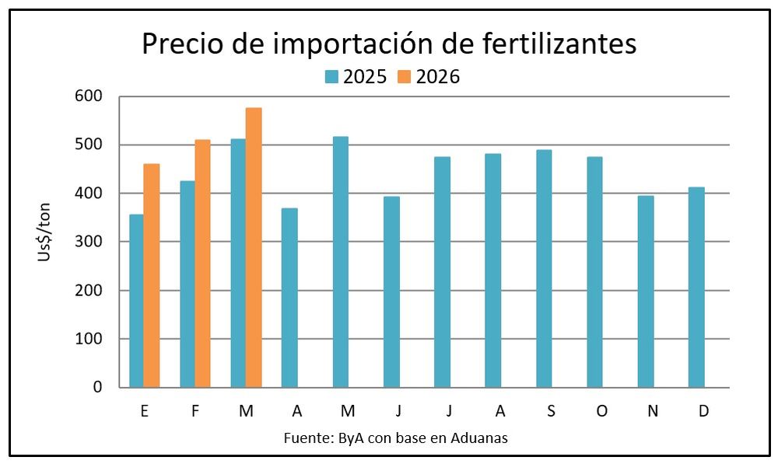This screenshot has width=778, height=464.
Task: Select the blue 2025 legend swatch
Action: pyautogui.click(x=331, y=77)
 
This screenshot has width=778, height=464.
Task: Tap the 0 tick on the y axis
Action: pyautogui.click(x=97, y=387)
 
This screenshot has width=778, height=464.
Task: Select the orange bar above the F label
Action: pyautogui.click(x=202, y=263)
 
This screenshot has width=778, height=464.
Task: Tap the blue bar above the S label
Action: pyautogui.click(x=544, y=268)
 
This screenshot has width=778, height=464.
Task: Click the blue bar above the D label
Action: pyautogui.click(x=696, y=287)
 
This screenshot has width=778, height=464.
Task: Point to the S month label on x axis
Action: pyautogui.click(x=551, y=412)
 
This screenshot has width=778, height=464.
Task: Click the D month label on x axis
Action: pyautogui.click(x=703, y=412)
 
